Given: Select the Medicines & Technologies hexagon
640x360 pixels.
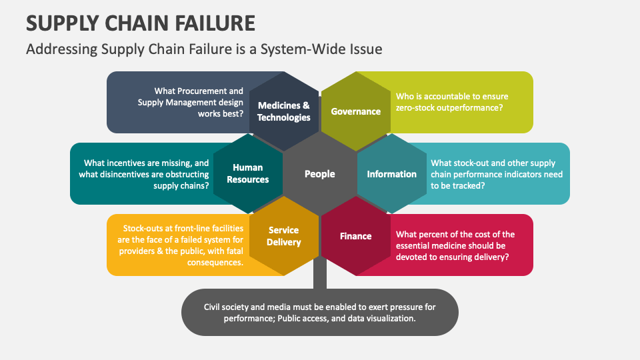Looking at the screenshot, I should click(284, 111).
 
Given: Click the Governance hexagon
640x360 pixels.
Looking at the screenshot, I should click(355, 111).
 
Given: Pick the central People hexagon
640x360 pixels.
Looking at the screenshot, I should click(319, 174).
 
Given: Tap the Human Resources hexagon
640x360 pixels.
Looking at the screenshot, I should click(248, 173).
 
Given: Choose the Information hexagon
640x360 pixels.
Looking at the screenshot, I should click(391, 174).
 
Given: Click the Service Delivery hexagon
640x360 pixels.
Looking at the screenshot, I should click(284, 236).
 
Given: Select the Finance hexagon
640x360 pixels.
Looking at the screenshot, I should click(355, 236).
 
